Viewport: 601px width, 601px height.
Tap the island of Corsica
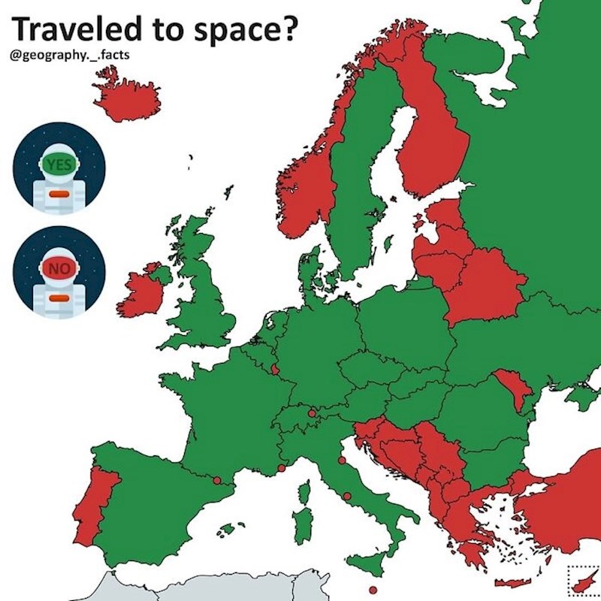[x=304, y=492]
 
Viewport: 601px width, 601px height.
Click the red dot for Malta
[x=372, y=590]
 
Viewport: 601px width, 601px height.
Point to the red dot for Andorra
[x=216, y=480]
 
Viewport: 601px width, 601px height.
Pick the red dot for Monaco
[x=281, y=468]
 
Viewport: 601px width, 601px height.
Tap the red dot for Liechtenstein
[x=312, y=412]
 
